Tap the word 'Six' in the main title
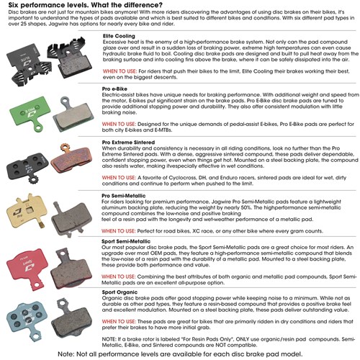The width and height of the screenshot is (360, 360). pos(14,7)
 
